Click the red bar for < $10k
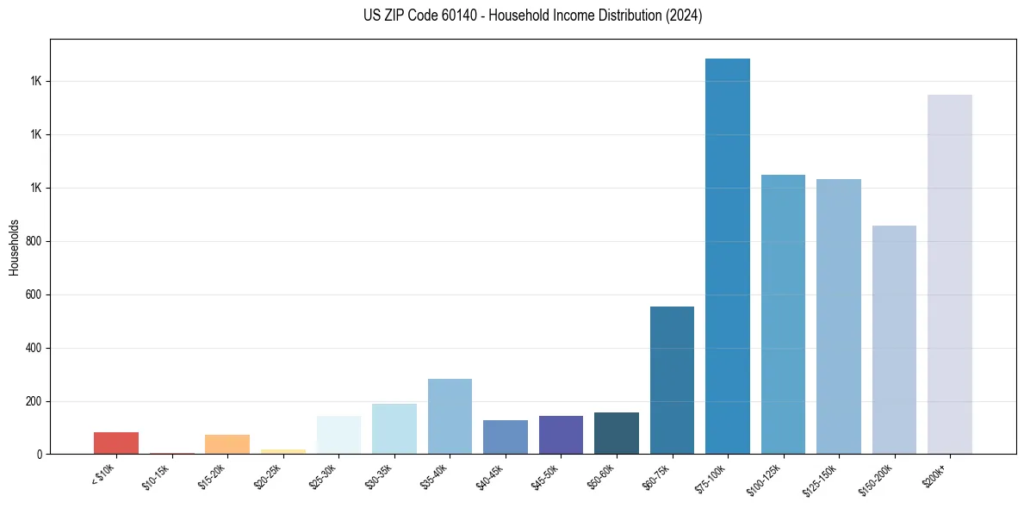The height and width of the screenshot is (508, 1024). [x=116, y=443]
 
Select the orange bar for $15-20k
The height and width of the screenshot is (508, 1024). [x=227, y=444]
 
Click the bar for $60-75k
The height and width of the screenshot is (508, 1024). [x=672, y=380]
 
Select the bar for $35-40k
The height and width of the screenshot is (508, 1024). [x=450, y=416]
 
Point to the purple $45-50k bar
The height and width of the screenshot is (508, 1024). [x=561, y=435]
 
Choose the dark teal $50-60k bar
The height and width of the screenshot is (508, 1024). [x=617, y=433]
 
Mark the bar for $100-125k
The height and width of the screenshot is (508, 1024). [x=783, y=314]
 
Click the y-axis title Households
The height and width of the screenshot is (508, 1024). [x=14, y=247]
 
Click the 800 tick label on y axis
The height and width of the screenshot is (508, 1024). [x=34, y=241]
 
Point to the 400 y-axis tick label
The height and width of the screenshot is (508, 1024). [x=34, y=348]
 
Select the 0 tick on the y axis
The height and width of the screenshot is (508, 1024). [x=40, y=455]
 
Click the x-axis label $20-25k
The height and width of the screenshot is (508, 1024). [x=268, y=475]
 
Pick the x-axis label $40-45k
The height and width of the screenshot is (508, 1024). [x=490, y=475]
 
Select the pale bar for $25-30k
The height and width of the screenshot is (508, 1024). [x=338, y=435]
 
